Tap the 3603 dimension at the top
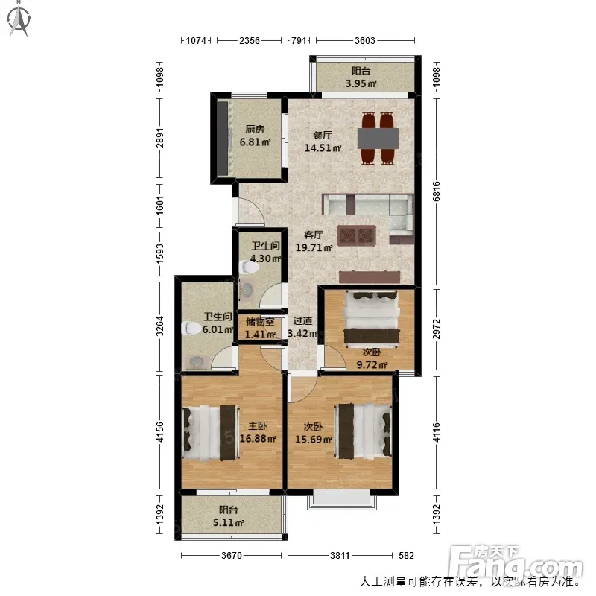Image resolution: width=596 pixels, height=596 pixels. pos(365,40)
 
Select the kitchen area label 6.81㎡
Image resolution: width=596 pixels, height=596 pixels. pos(255,142)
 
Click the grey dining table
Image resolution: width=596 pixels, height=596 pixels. pos(378,139)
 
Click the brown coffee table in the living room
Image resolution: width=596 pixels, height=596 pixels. pos(357,235)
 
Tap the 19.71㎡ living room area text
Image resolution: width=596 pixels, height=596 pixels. pos(314,248)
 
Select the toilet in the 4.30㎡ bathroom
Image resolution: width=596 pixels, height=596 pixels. pos(250,267)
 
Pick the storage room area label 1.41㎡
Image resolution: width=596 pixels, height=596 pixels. pos(260,335)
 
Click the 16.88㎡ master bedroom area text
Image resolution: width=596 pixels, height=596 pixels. pos(258,439)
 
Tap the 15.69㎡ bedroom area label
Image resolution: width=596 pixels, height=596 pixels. pos(314,440)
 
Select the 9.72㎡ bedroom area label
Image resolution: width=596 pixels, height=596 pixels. pos(372,365)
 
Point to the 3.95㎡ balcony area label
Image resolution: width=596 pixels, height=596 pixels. pos(361,83)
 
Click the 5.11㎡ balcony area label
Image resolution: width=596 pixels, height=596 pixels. pos(228,523)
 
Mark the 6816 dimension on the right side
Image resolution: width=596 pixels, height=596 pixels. pos(437,191)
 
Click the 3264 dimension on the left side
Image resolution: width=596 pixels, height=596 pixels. pos(160,326)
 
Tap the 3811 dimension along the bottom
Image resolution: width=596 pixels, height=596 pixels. pos(340,556)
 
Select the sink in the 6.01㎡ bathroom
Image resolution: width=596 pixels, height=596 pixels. pos(197,361)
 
